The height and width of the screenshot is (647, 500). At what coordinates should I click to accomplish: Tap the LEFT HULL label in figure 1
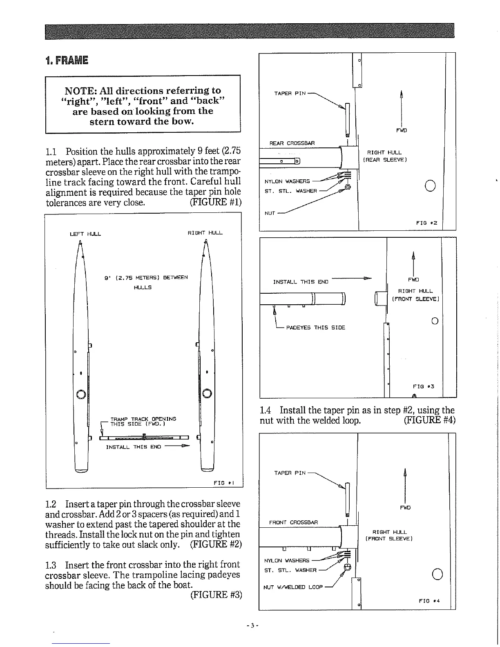[x=85, y=234]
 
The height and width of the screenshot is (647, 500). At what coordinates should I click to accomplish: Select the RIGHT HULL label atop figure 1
[x=205, y=233]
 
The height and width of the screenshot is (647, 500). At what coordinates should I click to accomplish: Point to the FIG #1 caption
[x=223, y=483]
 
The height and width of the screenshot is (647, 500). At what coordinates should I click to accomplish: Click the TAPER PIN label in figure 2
[x=290, y=94]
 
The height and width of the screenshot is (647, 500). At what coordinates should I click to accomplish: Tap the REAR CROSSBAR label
[x=292, y=143]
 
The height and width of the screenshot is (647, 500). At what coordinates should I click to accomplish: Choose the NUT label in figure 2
[x=269, y=213]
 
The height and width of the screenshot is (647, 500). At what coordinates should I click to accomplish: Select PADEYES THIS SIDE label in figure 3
[x=315, y=328]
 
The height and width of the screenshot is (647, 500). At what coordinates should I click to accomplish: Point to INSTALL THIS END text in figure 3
[x=301, y=282]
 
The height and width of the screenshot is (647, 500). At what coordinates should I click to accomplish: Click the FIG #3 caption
[x=423, y=386]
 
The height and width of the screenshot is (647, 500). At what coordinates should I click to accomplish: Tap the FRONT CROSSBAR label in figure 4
[x=293, y=522]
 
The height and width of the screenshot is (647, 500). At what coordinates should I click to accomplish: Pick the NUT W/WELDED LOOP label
[x=293, y=587]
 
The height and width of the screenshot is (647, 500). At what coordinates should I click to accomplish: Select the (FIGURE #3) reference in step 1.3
[x=216, y=595]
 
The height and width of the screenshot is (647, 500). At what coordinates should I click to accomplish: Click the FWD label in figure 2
[x=401, y=131]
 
